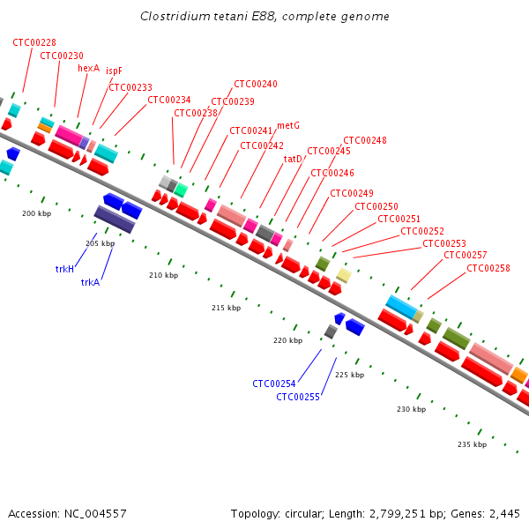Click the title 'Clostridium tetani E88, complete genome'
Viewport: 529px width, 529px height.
click(x=264, y=17)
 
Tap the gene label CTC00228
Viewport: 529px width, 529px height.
click(x=34, y=42)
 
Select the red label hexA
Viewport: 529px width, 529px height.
click(x=88, y=68)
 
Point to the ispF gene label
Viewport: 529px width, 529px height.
click(x=114, y=71)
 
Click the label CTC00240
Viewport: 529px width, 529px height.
click(x=256, y=85)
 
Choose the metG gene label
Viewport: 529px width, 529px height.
click(x=288, y=125)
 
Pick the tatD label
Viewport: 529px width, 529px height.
click(x=293, y=159)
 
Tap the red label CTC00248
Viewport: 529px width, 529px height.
click(x=364, y=140)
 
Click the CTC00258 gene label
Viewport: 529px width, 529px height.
click(x=488, y=268)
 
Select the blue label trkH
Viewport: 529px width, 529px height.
click(x=64, y=268)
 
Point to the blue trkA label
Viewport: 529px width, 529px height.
click(x=90, y=282)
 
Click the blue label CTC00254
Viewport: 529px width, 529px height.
click(x=274, y=384)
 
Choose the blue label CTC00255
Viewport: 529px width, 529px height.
click(x=298, y=397)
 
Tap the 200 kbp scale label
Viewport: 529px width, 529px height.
click(x=37, y=213)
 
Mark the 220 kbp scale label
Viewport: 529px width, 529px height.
click(x=287, y=340)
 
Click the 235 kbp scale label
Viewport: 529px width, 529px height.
click(x=472, y=444)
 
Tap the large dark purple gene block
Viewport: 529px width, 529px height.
click(x=114, y=220)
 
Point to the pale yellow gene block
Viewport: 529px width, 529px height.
click(x=344, y=276)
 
